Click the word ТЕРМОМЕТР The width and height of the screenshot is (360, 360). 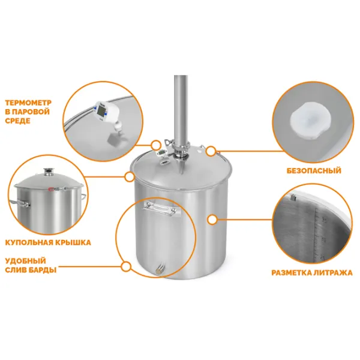coord(28,103)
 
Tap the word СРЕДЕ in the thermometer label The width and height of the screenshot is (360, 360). coord(17,121)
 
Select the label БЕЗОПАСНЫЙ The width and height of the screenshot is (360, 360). coord(314,170)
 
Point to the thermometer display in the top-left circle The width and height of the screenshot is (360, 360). coord(101,111)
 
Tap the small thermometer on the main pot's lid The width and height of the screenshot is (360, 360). coord(161,153)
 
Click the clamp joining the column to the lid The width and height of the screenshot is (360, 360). coord(181,146)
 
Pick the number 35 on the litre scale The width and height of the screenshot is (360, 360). coord(324,220)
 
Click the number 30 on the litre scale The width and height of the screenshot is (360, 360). coord(323,240)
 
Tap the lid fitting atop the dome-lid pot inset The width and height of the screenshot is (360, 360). coord(49,171)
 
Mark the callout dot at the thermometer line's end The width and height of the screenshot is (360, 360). coord(156,145)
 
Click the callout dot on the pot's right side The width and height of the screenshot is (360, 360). coord(212,220)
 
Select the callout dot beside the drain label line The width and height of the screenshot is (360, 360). coord(125,267)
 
